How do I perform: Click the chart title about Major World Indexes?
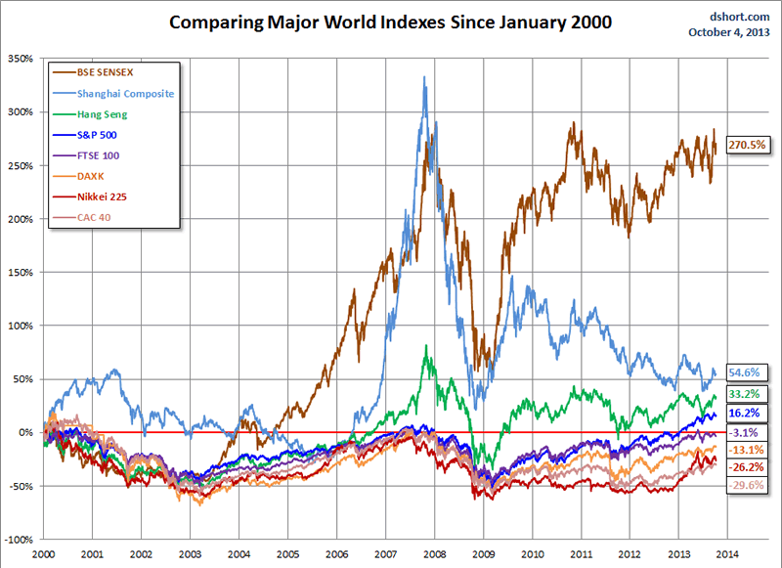tap(391, 22)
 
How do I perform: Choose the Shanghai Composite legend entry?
tap(124, 93)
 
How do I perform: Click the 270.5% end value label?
tap(748, 145)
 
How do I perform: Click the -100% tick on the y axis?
tap(19, 540)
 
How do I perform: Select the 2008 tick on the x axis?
tap(436, 552)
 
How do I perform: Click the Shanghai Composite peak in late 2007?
tap(424, 77)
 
